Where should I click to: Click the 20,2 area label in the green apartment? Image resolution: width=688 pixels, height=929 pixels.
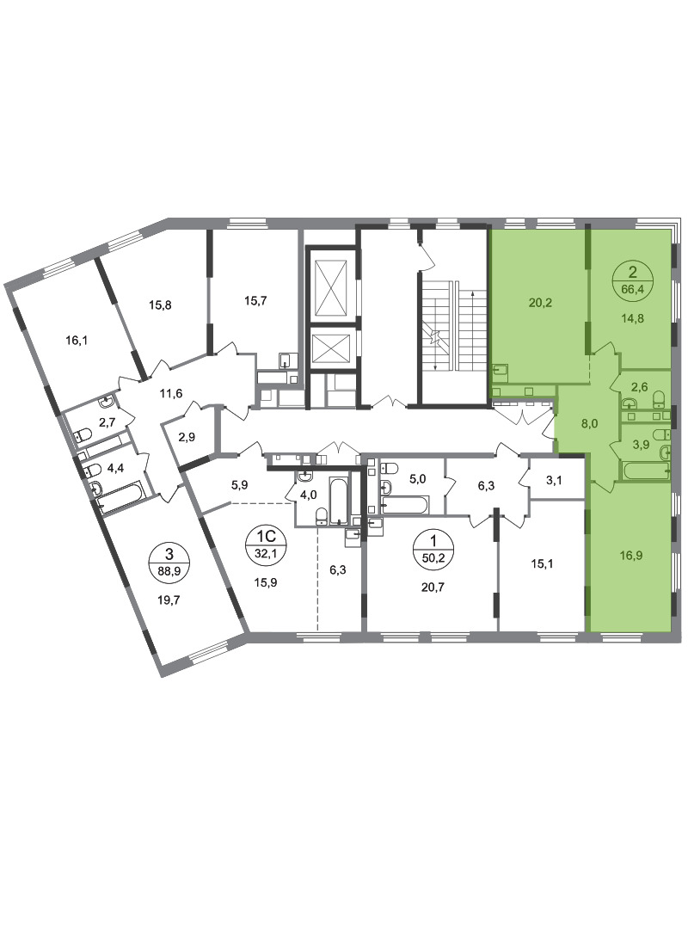coord(540,303)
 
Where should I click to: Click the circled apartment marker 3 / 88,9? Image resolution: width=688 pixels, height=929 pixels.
coord(169,561)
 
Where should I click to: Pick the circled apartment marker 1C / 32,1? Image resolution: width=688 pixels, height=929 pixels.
coord(265,542)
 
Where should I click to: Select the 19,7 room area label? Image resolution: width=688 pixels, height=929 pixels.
coord(169,599)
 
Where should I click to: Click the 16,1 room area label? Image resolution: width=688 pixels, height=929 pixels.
coord(77,340)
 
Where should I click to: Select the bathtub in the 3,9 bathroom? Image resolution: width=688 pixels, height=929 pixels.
coord(646,471)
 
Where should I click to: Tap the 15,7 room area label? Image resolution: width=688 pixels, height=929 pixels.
coord(255,300)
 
